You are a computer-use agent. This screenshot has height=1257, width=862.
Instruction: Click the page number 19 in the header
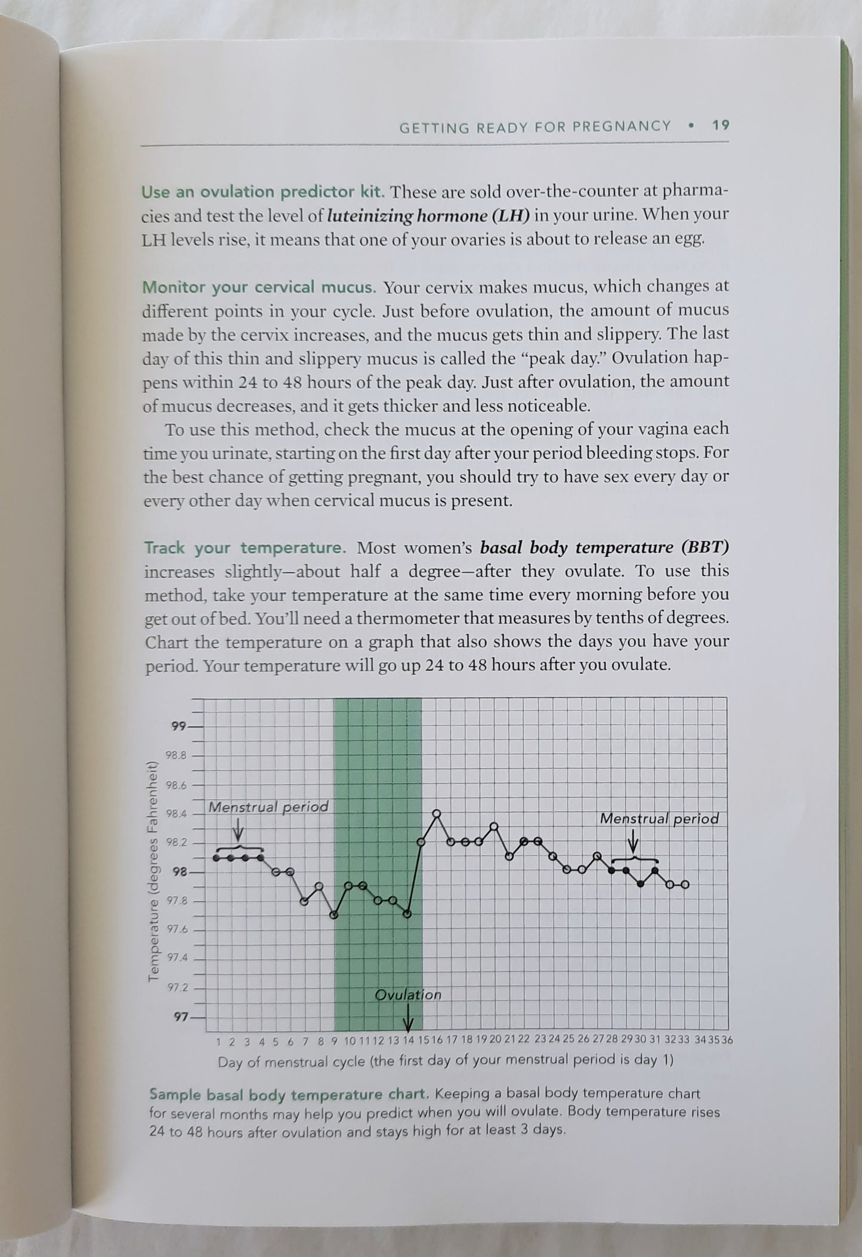pyautogui.click(x=721, y=126)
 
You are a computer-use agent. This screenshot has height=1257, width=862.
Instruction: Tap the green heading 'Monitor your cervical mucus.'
pyautogui.click(x=259, y=287)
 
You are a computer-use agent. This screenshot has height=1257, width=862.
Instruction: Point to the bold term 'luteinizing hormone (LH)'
pyautogui.click(x=428, y=215)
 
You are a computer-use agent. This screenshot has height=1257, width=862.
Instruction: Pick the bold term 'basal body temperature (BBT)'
pyautogui.click(x=604, y=547)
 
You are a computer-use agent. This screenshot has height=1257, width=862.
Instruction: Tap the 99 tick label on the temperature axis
pyautogui.click(x=178, y=726)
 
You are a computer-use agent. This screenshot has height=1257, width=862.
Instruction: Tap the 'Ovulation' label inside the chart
pyautogui.click(x=408, y=995)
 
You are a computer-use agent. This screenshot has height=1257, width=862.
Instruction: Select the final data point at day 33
pyautogui.click(x=684, y=885)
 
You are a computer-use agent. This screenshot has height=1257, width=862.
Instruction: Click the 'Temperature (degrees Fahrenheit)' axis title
pyautogui.click(x=153, y=871)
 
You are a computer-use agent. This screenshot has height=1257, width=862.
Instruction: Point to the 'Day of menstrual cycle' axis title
pyautogui.click(x=445, y=1061)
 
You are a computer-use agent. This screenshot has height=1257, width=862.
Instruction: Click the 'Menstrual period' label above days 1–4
pyautogui.click(x=268, y=807)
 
